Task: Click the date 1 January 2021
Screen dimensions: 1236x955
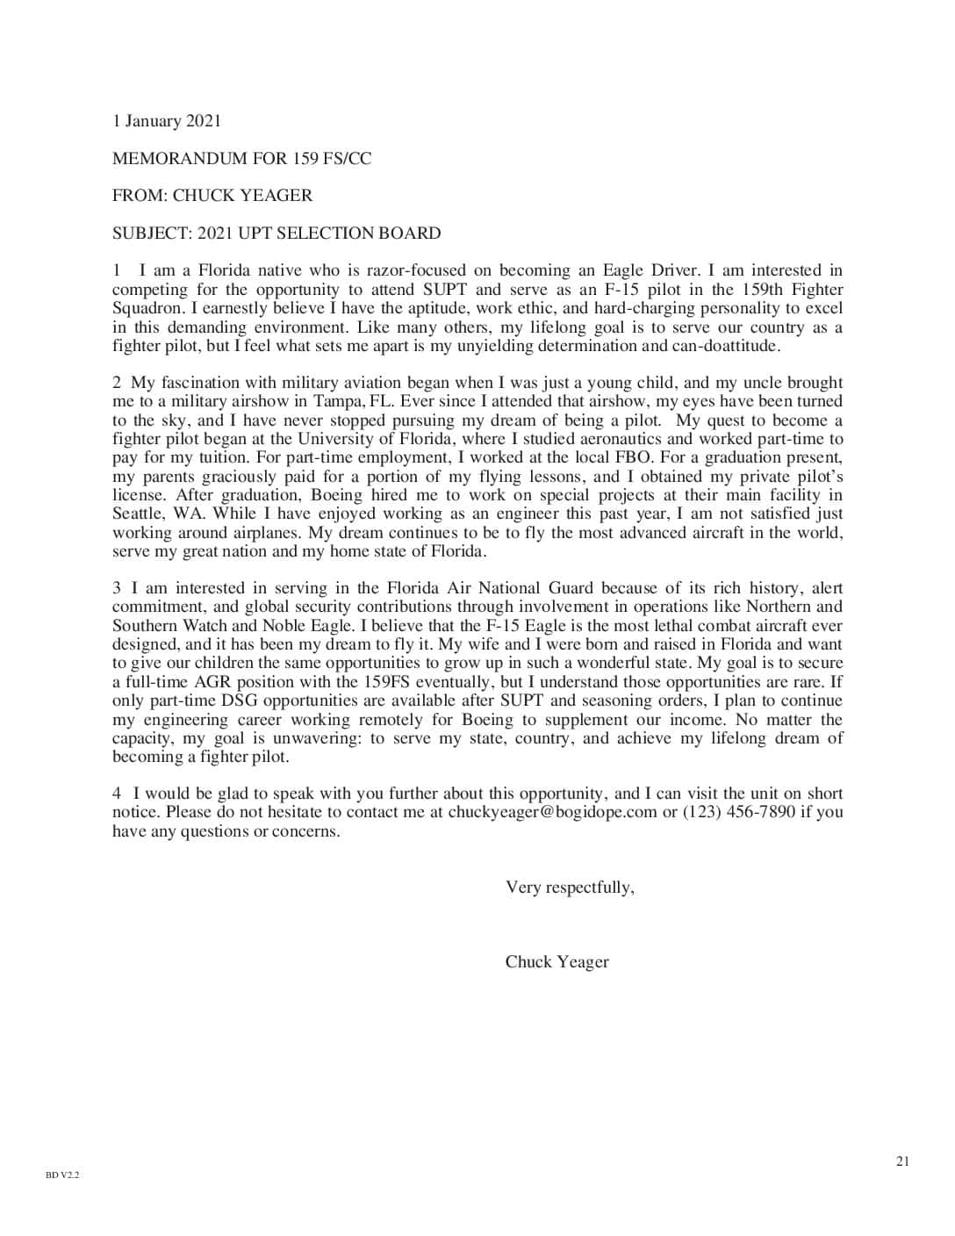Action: click(x=167, y=121)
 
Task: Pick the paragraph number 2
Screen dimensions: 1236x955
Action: click(x=117, y=383)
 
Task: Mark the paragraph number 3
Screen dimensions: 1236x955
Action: click(x=117, y=588)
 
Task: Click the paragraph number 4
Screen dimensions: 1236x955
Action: click(x=117, y=794)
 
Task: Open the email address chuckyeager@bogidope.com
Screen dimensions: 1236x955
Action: click(x=552, y=812)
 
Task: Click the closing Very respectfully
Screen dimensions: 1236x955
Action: click(x=570, y=887)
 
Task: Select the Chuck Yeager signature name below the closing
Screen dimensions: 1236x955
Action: click(x=556, y=962)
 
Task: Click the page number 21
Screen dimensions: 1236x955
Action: click(x=902, y=1161)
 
